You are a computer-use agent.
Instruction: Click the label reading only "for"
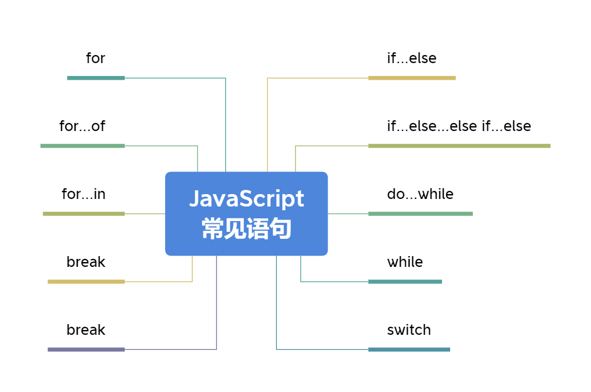96,58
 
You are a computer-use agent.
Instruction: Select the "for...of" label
82,126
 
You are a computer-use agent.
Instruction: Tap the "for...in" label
83,194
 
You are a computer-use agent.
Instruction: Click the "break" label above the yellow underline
86,262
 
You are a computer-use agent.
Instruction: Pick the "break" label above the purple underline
86,330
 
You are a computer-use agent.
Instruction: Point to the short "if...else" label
412,58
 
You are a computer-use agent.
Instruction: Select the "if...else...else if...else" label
459,126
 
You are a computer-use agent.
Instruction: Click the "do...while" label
420,194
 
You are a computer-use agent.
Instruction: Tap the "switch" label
409,330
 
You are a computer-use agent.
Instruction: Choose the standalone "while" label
405,262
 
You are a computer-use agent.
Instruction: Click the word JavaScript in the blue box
247,199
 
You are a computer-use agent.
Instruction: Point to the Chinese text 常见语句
247,229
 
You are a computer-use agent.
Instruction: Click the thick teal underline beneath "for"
96,78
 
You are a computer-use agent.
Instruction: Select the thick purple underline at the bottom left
86,349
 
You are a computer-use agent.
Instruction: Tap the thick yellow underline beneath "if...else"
412,78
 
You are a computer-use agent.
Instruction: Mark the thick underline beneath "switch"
409,349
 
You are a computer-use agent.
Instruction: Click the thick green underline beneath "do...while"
420,214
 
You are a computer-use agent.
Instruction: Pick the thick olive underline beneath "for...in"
84,214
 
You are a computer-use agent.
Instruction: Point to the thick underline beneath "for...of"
83,146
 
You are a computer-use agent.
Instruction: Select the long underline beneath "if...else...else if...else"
459,146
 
